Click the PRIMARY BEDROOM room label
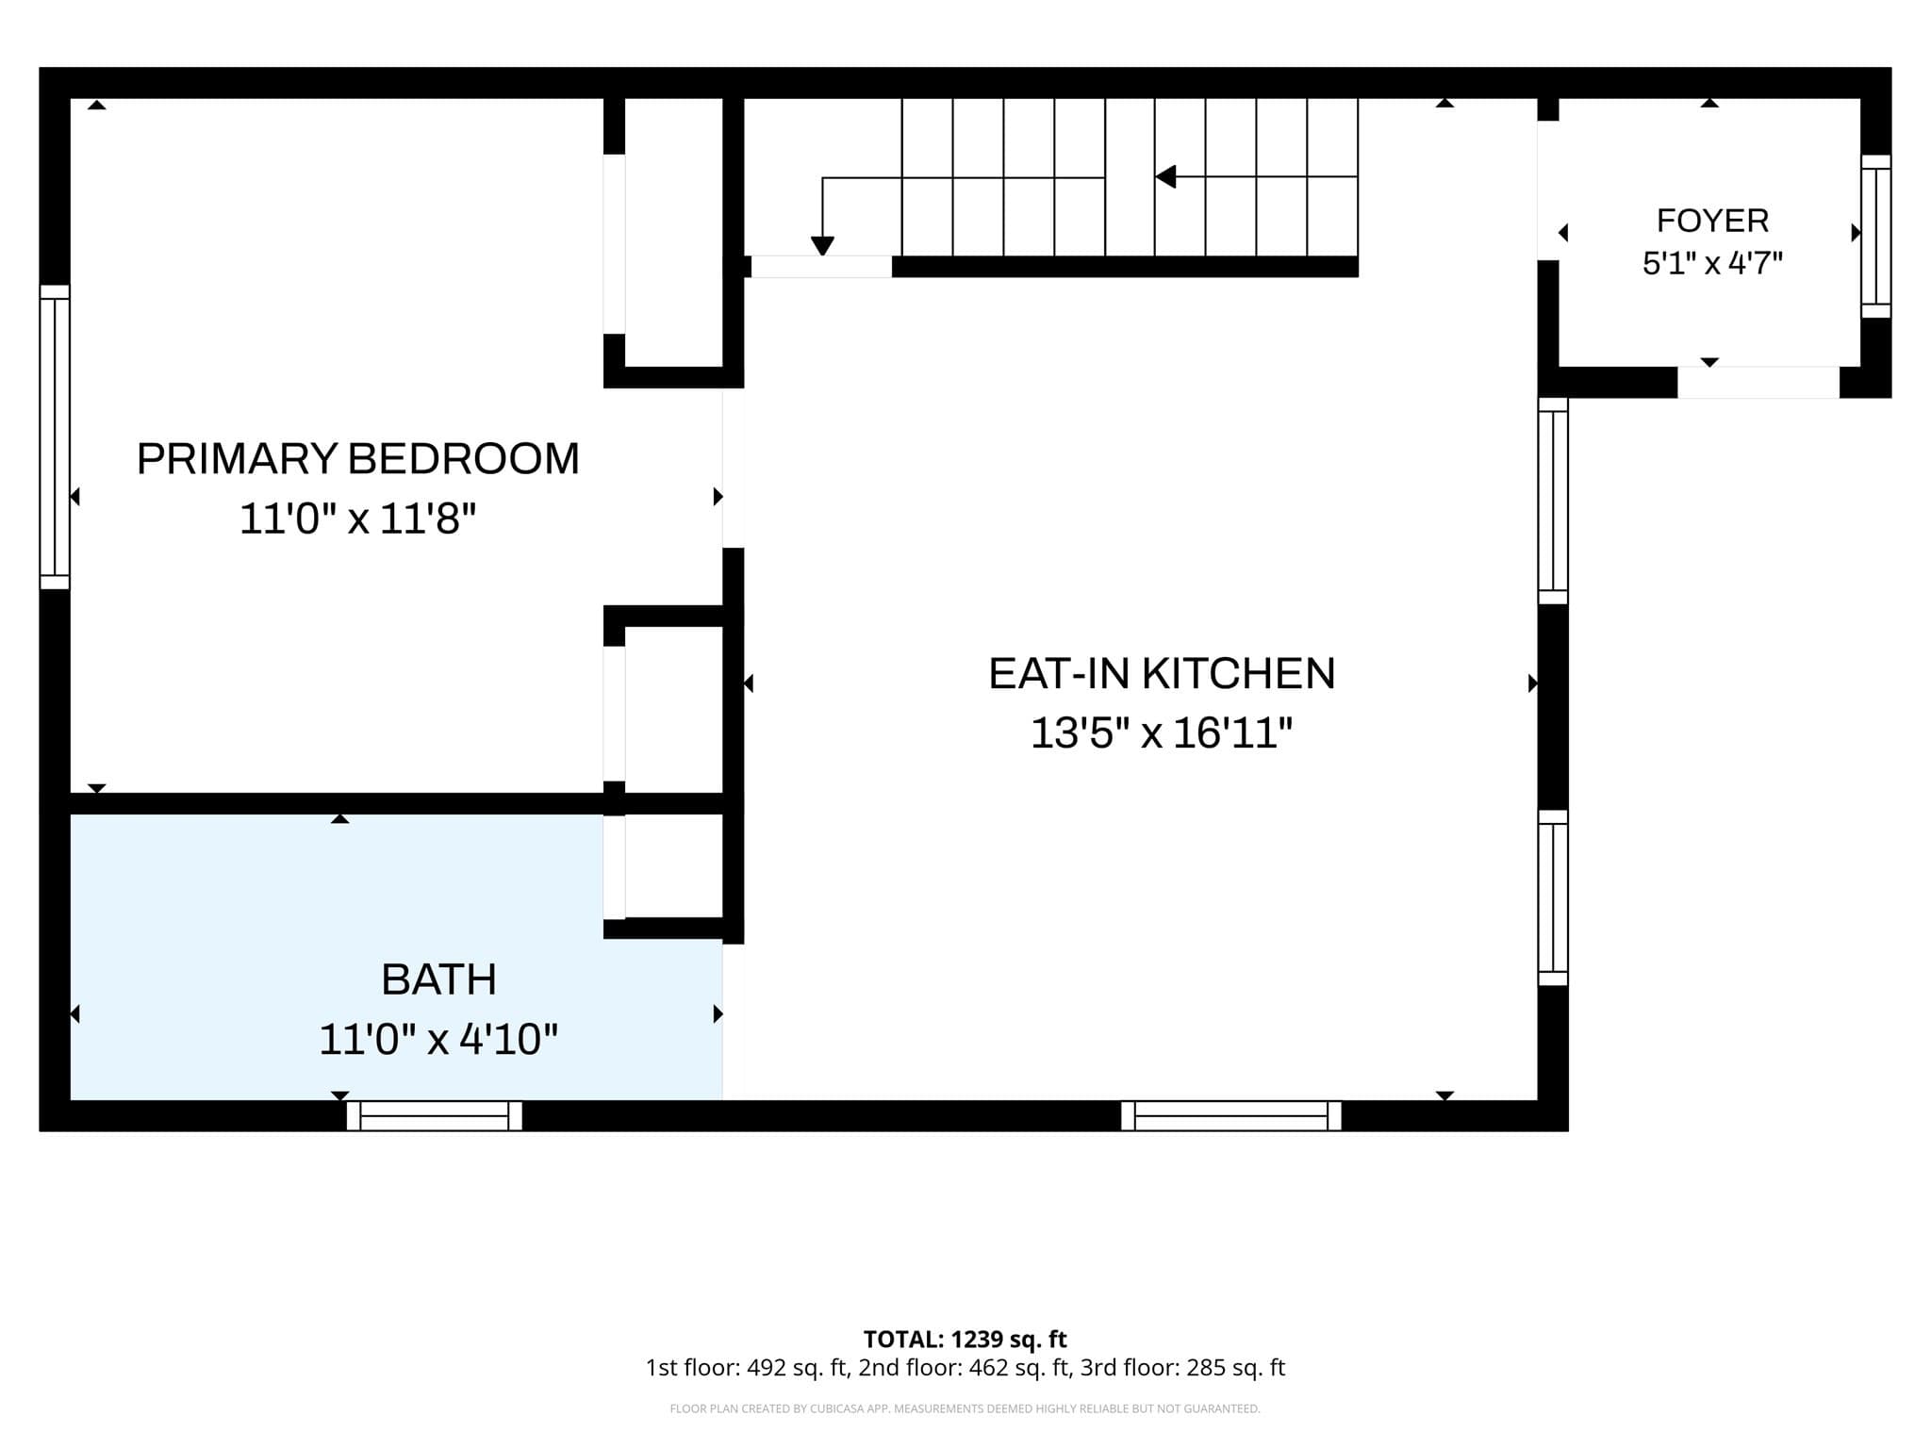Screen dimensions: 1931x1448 [x=357, y=459]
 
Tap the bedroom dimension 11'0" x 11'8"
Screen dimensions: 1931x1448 [x=357, y=518]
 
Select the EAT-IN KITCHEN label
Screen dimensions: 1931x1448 [x=1162, y=674]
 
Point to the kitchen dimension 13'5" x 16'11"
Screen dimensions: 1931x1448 [x=1161, y=732]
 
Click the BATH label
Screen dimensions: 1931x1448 [x=438, y=979]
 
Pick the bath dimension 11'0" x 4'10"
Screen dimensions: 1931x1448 [x=438, y=1040]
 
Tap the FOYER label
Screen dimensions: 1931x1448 [x=1712, y=221]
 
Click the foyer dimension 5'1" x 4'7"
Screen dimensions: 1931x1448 [x=1712, y=263]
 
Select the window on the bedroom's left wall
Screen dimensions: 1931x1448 [x=55, y=436]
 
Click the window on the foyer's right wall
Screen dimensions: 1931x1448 [x=1875, y=237]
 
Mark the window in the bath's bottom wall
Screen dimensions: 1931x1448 [x=435, y=1115]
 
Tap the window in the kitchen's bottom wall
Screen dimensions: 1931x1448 [x=1231, y=1115]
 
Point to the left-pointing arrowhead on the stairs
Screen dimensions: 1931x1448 [x=1165, y=176]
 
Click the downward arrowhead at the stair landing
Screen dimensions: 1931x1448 [x=822, y=246]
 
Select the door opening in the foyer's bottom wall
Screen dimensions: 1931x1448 [x=1758, y=382]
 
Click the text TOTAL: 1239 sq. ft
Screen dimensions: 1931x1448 [x=965, y=1339]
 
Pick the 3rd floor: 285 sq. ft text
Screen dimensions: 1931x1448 [x=1182, y=1368]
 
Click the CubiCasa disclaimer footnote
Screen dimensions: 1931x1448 [x=965, y=1409]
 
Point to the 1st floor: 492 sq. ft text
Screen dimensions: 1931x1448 [x=748, y=1368]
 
